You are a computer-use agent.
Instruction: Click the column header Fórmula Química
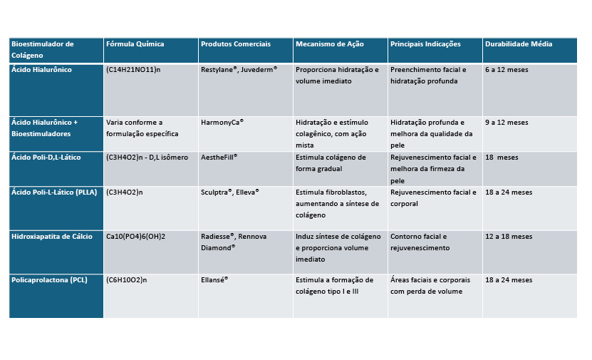click(135, 44)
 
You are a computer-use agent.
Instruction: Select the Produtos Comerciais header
click(236, 44)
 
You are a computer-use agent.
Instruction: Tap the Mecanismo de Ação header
click(330, 44)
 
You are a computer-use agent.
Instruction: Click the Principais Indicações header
click(425, 44)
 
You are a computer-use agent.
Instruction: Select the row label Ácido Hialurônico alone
click(41, 70)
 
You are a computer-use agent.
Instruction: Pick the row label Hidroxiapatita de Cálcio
click(51, 237)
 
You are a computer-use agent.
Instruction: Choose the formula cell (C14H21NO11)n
click(134, 70)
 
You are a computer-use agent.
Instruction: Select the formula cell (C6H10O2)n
click(126, 280)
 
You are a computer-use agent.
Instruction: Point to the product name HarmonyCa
click(222, 123)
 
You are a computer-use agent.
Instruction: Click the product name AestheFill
click(219, 157)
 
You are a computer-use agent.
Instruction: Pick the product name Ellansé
click(214, 280)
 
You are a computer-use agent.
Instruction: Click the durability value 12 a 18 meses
click(509, 237)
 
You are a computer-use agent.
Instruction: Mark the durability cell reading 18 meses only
click(502, 158)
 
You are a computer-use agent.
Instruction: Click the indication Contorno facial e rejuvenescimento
click(420, 242)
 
